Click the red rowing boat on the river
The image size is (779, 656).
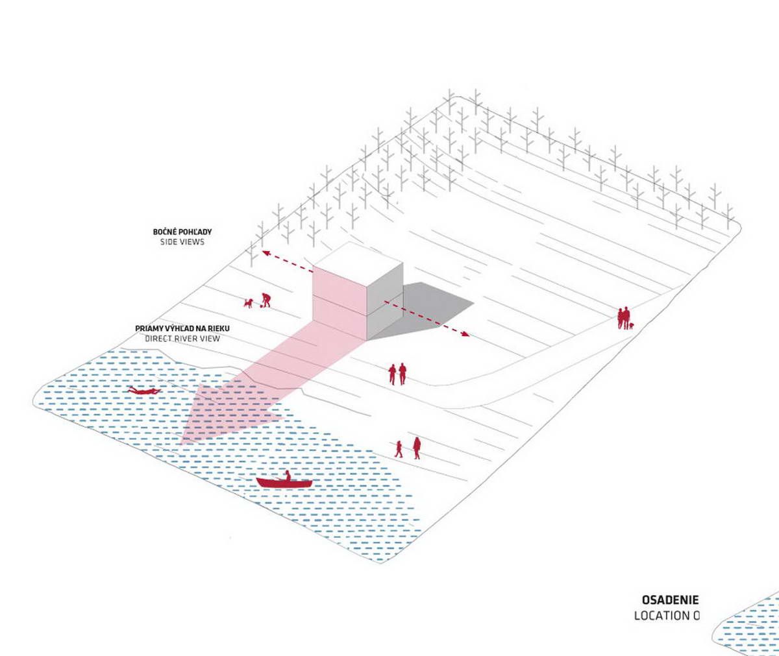point(284,483)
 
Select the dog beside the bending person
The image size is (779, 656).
point(247,302)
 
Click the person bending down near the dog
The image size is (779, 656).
point(264,300)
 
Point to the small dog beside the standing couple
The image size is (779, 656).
point(630,326)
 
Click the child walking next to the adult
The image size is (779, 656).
point(399,448)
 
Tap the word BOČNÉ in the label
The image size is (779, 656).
point(165,232)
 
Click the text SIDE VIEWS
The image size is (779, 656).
point(182,242)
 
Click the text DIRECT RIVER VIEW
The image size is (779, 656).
point(182,339)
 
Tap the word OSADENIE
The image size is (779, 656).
point(670,600)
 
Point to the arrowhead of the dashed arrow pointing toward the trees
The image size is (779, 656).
point(264,253)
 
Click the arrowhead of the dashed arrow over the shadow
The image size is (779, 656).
point(465,335)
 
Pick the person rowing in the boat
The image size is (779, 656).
point(286,476)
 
